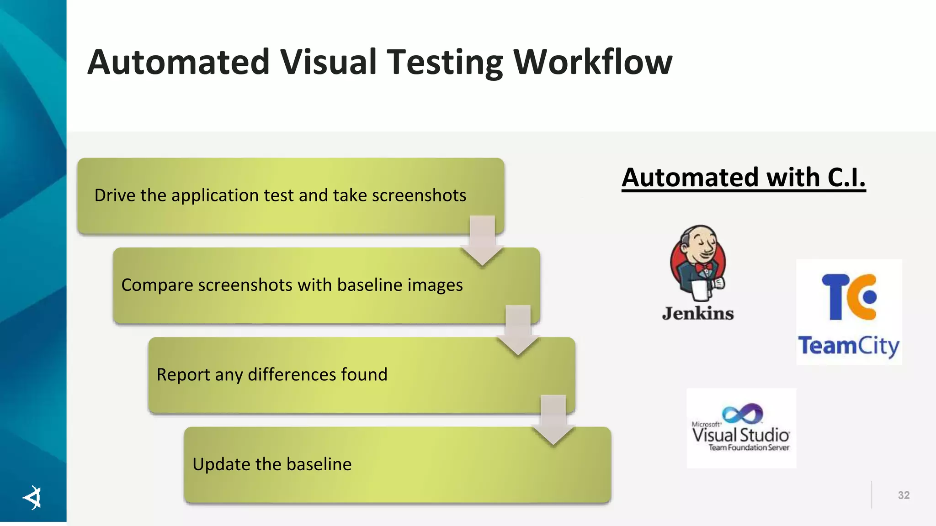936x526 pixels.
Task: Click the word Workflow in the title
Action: point(593,62)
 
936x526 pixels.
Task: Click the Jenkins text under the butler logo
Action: point(698,313)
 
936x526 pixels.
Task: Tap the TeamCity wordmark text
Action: point(849,346)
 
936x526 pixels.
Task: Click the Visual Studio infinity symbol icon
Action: point(743,413)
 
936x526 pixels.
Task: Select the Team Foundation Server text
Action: point(749,447)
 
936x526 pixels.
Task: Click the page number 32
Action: point(904,495)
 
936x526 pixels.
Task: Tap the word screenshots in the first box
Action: point(419,195)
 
